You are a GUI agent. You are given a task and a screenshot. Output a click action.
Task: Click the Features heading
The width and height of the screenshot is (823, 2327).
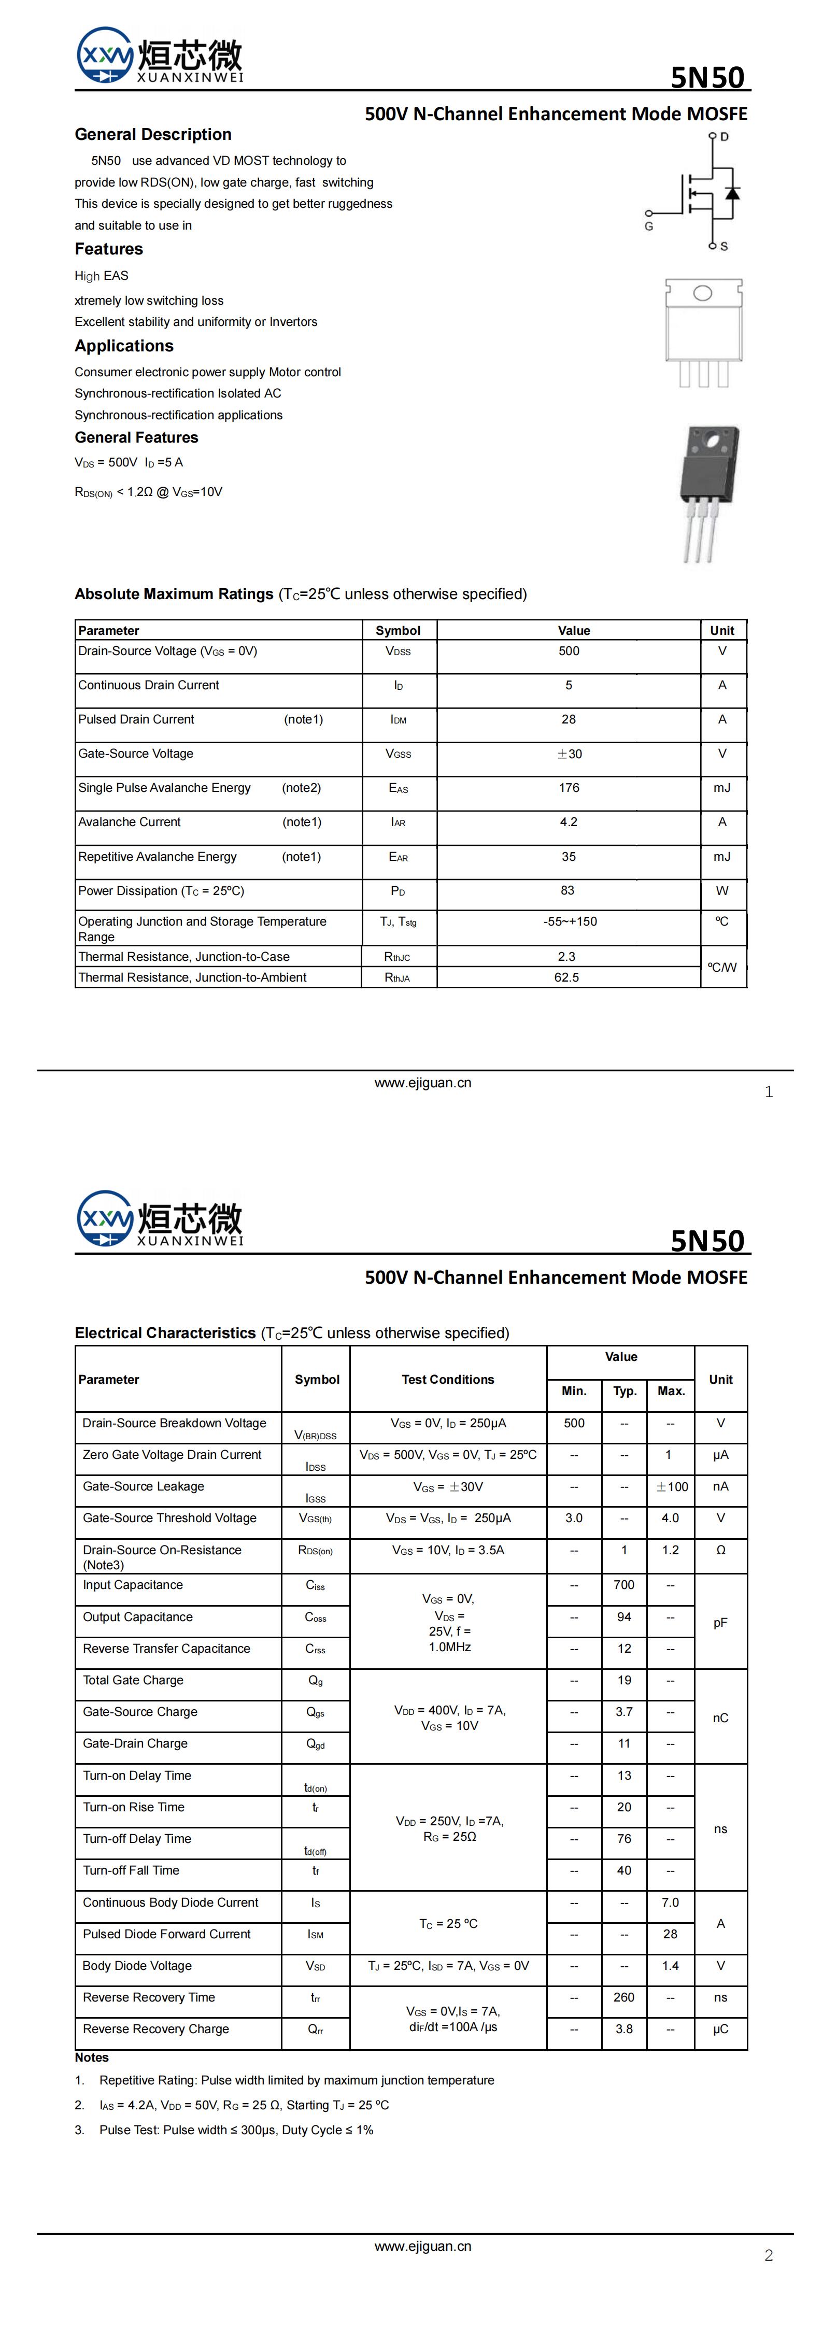(x=108, y=249)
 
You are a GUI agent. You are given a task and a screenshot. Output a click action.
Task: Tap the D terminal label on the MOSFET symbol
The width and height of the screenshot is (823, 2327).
(x=725, y=137)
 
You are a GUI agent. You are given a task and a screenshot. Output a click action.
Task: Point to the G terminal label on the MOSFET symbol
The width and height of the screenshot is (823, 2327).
(x=649, y=226)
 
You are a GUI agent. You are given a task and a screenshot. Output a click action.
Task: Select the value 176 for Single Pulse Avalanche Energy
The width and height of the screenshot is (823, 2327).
(x=568, y=788)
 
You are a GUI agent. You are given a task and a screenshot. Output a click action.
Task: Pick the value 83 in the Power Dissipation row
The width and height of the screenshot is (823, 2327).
(x=567, y=891)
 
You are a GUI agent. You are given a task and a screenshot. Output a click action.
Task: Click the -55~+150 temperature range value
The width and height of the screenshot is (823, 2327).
(x=569, y=921)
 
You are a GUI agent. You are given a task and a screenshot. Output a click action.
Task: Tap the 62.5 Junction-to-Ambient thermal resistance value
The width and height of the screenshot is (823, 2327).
(x=566, y=977)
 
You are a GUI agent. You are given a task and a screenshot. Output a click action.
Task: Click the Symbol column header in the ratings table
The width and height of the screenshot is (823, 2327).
(x=398, y=631)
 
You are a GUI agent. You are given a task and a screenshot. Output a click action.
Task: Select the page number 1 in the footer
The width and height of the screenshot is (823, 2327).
(x=769, y=1092)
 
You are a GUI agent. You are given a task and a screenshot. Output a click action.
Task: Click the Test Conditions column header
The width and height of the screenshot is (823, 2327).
(x=448, y=1380)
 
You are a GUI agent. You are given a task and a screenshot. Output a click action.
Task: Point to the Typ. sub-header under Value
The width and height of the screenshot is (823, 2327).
(x=625, y=1391)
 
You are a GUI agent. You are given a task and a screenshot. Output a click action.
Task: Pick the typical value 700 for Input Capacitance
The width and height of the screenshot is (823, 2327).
(x=625, y=1584)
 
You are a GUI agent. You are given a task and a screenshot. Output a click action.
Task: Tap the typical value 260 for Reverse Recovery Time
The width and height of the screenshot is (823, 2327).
(x=625, y=1997)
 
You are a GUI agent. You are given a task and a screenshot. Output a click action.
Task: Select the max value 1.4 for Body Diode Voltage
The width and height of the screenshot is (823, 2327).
(x=670, y=1966)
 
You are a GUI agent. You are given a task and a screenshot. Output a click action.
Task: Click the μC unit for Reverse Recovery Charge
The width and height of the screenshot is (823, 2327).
(x=720, y=2029)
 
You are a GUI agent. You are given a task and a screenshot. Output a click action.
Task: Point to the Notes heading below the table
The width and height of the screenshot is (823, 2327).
(x=91, y=2058)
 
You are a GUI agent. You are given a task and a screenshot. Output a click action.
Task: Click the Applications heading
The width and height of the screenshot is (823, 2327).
(x=124, y=346)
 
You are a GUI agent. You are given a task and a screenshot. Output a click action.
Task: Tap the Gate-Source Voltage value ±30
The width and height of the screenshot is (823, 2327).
(x=569, y=754)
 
